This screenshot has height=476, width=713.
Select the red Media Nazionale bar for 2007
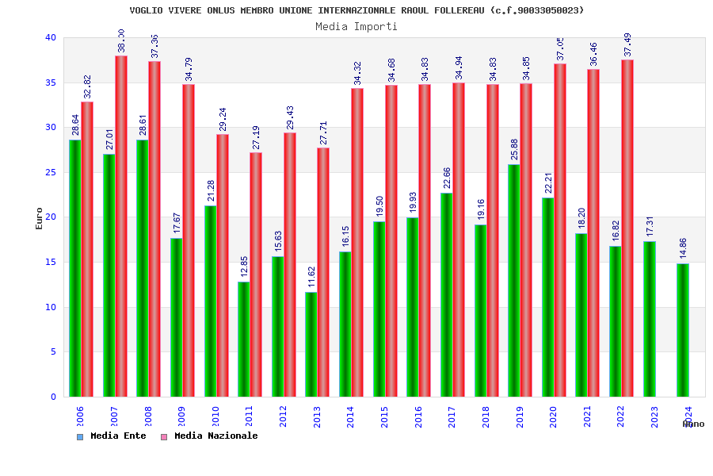click(121, 226)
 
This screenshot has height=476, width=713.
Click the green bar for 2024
click(682, 330)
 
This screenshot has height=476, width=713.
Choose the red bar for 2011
click(256, 274)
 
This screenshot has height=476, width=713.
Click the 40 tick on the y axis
click(51, 37)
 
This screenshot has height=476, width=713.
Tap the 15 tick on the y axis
click(51, 262)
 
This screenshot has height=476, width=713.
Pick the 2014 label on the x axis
click(351, 416)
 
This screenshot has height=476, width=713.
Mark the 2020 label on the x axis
click(554, 416)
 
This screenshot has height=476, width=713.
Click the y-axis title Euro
click(39, 218)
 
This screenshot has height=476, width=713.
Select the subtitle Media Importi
click(356, 26)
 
